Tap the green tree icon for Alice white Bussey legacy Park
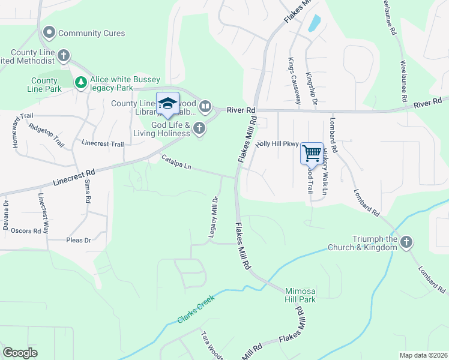(x=80, y=82)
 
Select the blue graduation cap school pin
(x=168, y=104)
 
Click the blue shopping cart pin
(x=312, y=154)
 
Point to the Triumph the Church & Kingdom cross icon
(x=406, y=242)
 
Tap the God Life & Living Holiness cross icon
(x=199, y=129)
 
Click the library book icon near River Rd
(x=205, y=107)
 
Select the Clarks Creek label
(x=197, y=311)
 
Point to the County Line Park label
(x=44, y=85)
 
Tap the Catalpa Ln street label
(x=176, y=162)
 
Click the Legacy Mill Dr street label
(x=213, y=217)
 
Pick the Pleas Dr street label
(x=78, y=240)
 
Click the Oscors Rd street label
(x=26, y=230)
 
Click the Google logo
(x=20, y=352)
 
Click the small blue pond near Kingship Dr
(x=313, y=23)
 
